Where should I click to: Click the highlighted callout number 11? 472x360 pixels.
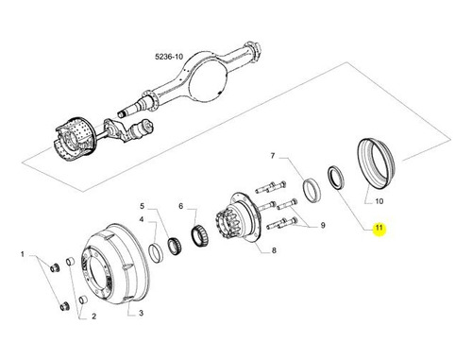click(x=379, y=227)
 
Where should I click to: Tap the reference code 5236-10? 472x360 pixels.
click(x=169, y=57)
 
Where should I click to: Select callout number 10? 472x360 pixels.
click(x=379, y=201)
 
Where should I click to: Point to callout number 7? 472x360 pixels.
click(x=273, y=156)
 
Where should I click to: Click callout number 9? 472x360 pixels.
click(x=323, y=226)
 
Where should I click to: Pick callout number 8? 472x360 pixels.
click(x=274, y=250)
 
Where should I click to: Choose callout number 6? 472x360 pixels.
click(x=180, y=206)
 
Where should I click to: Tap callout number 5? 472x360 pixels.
click(x=143, y=206)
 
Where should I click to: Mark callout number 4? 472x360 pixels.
click(x=142, y=219)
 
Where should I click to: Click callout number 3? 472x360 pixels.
click(x=141, y=313)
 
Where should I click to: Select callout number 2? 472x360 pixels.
click(x=93, y=317)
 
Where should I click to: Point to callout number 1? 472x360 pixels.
click(x=23, y=254)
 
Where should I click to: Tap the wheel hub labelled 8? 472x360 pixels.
click(x=238, y=217)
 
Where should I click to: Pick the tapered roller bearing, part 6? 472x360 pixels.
click(x=200, y=234)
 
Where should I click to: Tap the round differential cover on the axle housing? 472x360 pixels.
click(x=207, y=78)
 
